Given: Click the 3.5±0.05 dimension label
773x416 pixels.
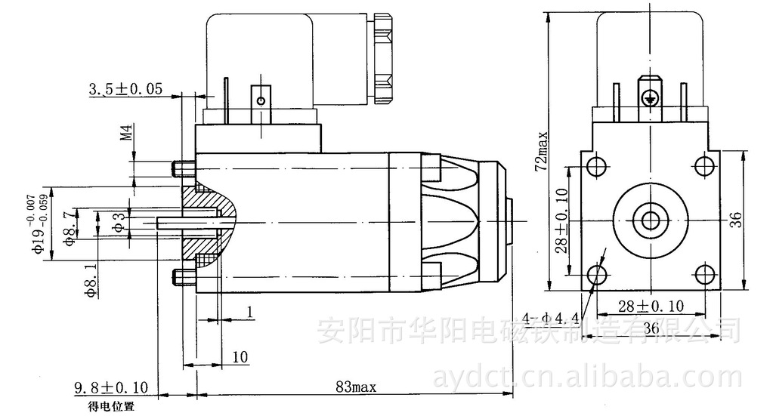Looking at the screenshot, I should tap(125, 89).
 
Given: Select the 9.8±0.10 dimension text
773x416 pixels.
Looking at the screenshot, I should tap(111, 388).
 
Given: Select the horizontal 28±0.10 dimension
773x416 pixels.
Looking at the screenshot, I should tap(650, 305).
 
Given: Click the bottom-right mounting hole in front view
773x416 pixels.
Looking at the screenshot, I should tap(704, 273).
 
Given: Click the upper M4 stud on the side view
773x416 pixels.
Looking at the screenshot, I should tap(183, 167).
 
